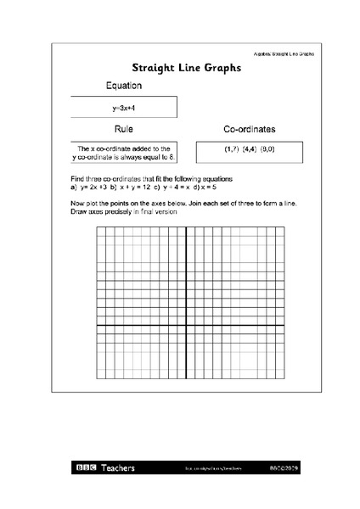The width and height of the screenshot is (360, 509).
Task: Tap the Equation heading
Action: coord(123,86)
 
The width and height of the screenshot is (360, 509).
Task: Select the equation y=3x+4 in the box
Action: coord(124,108)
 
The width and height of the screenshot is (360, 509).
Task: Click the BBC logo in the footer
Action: coord(87,467)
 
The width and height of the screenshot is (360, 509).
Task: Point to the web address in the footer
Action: coord(202,467)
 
